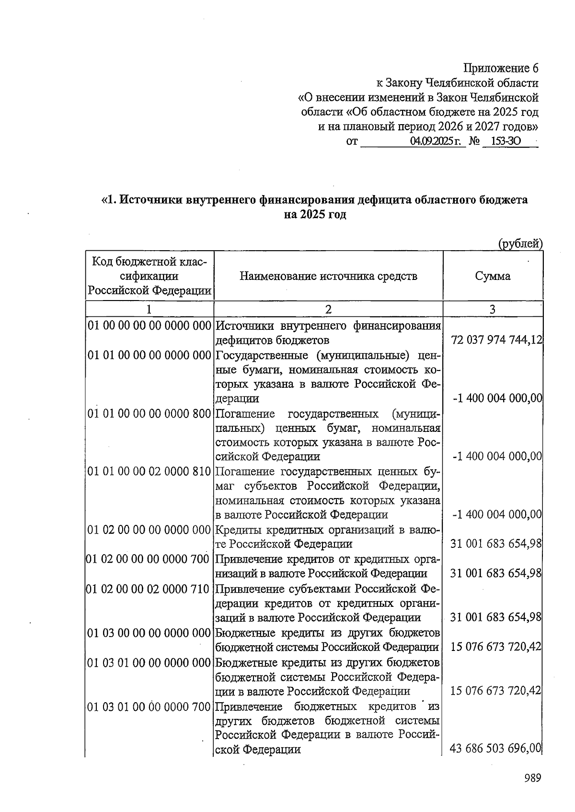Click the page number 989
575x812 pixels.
pyautogui.click(x=532, y=777)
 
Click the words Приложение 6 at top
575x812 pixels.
pyautogui.click(x=501, y=68)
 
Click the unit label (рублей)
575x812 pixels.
pyautogui.click(x=520, y=244)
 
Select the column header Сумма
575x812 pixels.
pyautogui.click(x=493, y=276)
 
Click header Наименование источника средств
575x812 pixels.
pyautogui.click(x=328, y=276)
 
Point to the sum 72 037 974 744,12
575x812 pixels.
pyautogui.click(x=496, y=340)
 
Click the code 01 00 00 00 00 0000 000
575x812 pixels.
pyautogui.click(x=149, y=326)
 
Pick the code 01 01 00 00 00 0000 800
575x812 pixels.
pyautogui.click(x=149, y=414)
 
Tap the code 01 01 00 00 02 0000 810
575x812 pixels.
pyautogui.click(x=149, y=472)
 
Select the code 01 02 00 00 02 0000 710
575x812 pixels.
pyautogui.click(x=148, y=589)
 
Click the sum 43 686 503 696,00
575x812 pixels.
pyautogui.click(x=496, y=748)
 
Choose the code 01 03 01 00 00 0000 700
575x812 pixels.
pyautogui.click(x=149, y=707)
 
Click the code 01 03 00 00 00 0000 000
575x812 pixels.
pyautogui.click(x=149, y=633)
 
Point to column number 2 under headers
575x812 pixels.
pyautogui.click(x=328, y=309)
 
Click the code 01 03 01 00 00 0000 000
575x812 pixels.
pyautogui.click(x=149, y=663)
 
